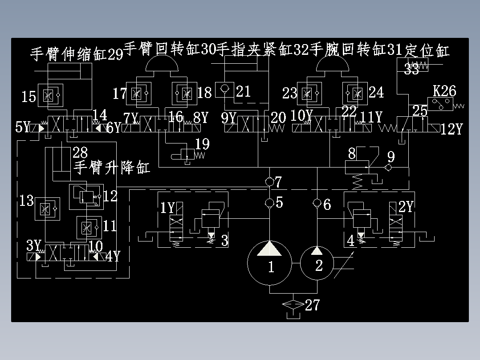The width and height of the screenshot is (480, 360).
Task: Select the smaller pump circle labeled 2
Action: pyautogui.click(x=317, y=263)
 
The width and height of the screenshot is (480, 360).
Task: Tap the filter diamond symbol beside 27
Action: pyautogui.click(x=293, y=305)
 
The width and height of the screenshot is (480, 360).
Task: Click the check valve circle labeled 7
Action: pyautogui.click(x=269, y=182)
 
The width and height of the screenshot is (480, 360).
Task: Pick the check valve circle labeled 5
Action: pyautogui.click(x=269, y=203)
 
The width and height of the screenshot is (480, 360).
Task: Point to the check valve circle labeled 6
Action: pyautogui.click(x=317, y=203)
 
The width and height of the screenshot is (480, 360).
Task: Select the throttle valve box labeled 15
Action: pyautogui.click(x=48, y=95)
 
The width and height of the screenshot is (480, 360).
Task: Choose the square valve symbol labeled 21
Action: pyautogui.click(x=224, y=89)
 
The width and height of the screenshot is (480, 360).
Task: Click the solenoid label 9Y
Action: pyautogui.click(x=228, y=118)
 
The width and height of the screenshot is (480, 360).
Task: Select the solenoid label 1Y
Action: pyautogui.click(x=168, y=207)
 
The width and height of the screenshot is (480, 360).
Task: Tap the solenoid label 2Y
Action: pyautogui.click(x=406, y=207)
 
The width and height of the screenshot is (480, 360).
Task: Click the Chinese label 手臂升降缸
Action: pyautogui.click(x=112, y=168)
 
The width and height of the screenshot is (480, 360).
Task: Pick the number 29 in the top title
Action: pyautogui.click(x=115, y=54)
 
